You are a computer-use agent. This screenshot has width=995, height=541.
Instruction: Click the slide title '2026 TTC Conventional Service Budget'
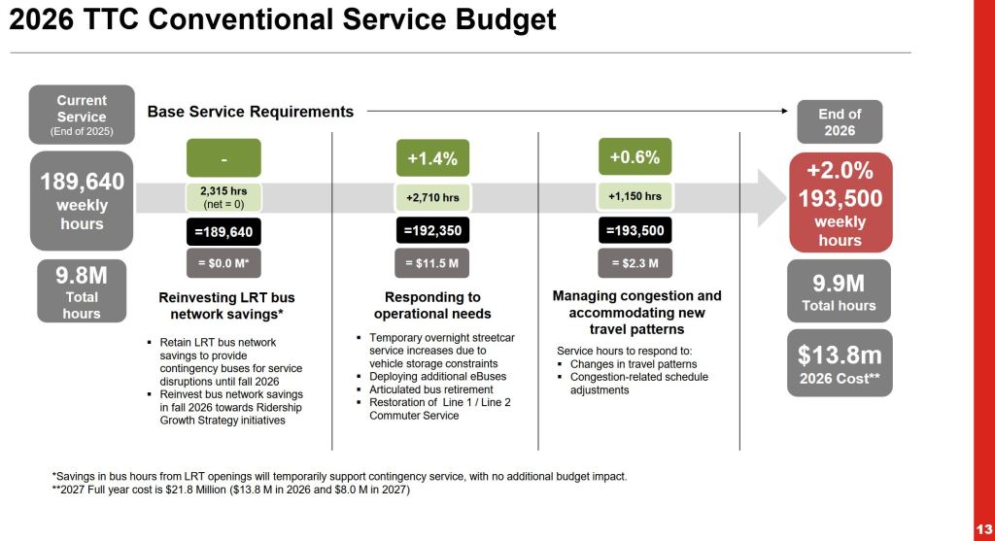(283, 19)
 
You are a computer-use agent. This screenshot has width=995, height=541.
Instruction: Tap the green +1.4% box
(432, 157)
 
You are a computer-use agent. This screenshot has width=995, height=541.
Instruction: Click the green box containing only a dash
(223, 157)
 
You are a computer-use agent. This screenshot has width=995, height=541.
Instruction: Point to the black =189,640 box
(223, 233)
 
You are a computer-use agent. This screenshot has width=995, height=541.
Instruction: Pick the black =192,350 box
(432, 232)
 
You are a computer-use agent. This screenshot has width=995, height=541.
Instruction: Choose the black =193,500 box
(635, 232)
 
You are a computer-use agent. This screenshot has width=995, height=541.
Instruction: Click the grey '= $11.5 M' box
(432, 263)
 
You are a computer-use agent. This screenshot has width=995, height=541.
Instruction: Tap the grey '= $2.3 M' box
(635, 263)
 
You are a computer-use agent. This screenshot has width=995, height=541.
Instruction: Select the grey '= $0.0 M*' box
(223, 264)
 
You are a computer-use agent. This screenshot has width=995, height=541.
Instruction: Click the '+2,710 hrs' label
(432, 196)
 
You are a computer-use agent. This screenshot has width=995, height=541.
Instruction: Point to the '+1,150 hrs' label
(635, 196)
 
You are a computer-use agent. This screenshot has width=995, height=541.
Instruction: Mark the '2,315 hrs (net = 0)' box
(223, 196)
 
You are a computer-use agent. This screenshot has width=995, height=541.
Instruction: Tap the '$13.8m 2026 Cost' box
(839, 363)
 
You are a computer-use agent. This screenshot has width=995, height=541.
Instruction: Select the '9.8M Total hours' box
(82, 289)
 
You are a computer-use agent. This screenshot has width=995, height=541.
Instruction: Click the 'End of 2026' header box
(839, 121)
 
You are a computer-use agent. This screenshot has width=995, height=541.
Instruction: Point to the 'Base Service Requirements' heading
(251, 112)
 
